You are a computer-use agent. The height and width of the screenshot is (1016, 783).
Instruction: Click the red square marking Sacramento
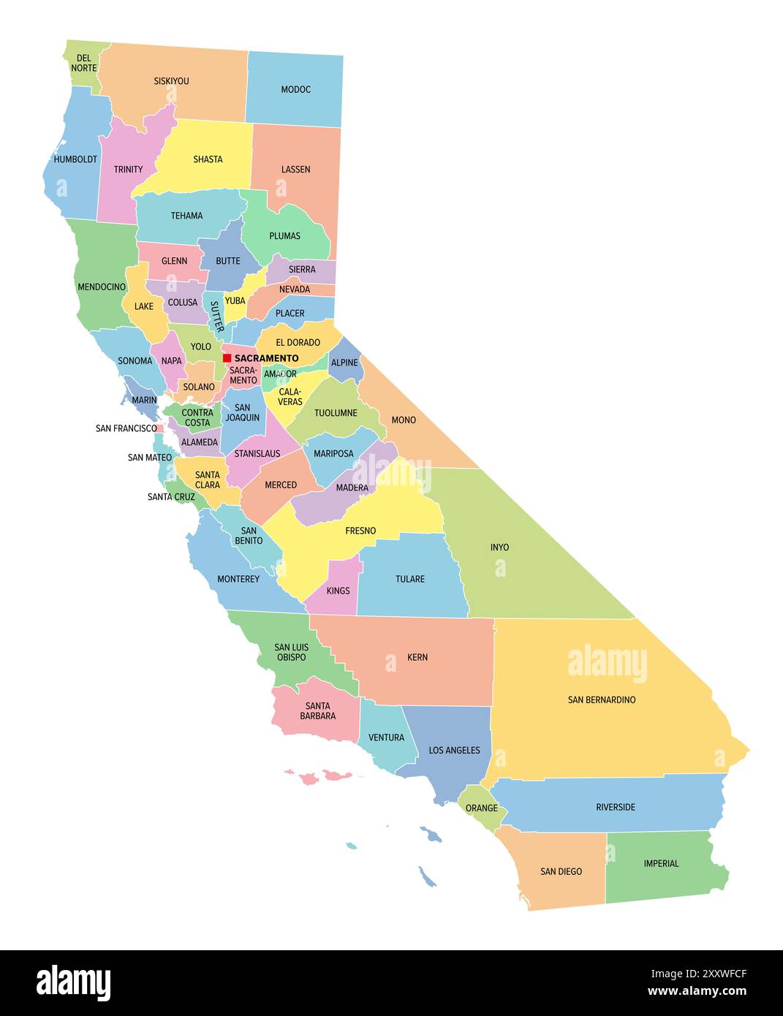pos(227,358)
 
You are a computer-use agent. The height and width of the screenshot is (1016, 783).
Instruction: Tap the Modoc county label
pos(295,90)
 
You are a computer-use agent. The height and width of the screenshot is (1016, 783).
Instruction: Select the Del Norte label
pos(84,63)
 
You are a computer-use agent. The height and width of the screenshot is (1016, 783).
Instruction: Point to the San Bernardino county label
pos(602,700)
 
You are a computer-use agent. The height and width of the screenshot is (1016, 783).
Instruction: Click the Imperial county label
pos(661,864)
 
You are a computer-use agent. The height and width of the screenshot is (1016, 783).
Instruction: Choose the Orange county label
pos(481,808)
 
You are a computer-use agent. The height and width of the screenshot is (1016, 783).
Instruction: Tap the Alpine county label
pos(344,363)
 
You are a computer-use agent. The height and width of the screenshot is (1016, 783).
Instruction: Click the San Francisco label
pos(126,428)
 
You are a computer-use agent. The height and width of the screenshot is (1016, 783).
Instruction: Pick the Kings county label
pos(338,591)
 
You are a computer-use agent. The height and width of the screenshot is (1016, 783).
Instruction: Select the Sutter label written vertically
pos(216,316)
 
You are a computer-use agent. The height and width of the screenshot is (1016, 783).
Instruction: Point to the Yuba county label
pos(235,301)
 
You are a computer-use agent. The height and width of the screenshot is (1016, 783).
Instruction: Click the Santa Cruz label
pos(171,497)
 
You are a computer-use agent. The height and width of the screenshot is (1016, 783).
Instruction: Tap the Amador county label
pos(280,374)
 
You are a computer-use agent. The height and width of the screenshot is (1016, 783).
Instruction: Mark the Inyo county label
pos(499,547)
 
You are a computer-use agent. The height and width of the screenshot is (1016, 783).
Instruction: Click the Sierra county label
pos(302,270)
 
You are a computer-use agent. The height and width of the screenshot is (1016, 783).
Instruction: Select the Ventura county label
pos(386,738)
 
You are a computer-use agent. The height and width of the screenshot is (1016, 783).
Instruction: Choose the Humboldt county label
pos(75,159)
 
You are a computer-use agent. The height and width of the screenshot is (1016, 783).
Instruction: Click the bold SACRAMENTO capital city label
pos(266,358)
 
